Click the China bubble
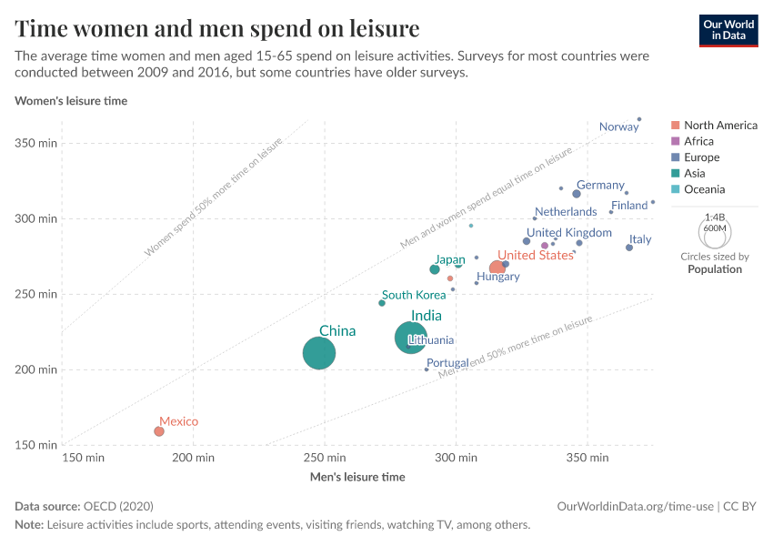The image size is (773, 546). [x=319, y=353]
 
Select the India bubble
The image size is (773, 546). [x=411, y=338]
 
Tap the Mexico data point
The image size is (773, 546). [x=159, y=431]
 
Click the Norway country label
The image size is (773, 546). [x=618, y=126]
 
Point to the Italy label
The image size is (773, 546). [x=640, y=239]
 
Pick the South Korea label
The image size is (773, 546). [x=414, y=295]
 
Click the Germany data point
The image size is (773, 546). [x=577, y=194]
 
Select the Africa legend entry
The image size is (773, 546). [x=692, y=141]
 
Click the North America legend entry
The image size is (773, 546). [x=714, y=126]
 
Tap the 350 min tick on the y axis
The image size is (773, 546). [x=36, y=143]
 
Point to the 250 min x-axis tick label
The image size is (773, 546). [x=325, y=458]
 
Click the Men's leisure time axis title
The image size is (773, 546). [x=357, y=477]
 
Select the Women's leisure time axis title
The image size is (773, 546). [x=71, y=101]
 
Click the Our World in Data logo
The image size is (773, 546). [x=728, y=31]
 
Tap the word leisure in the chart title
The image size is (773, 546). [x=385, y=28]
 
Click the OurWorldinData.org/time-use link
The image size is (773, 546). [x=635, y=507]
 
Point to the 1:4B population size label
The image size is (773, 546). [x=715, y=217]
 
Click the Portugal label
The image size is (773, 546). [x=447, y=363]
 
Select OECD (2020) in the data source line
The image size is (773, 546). [x=118, y=507]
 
